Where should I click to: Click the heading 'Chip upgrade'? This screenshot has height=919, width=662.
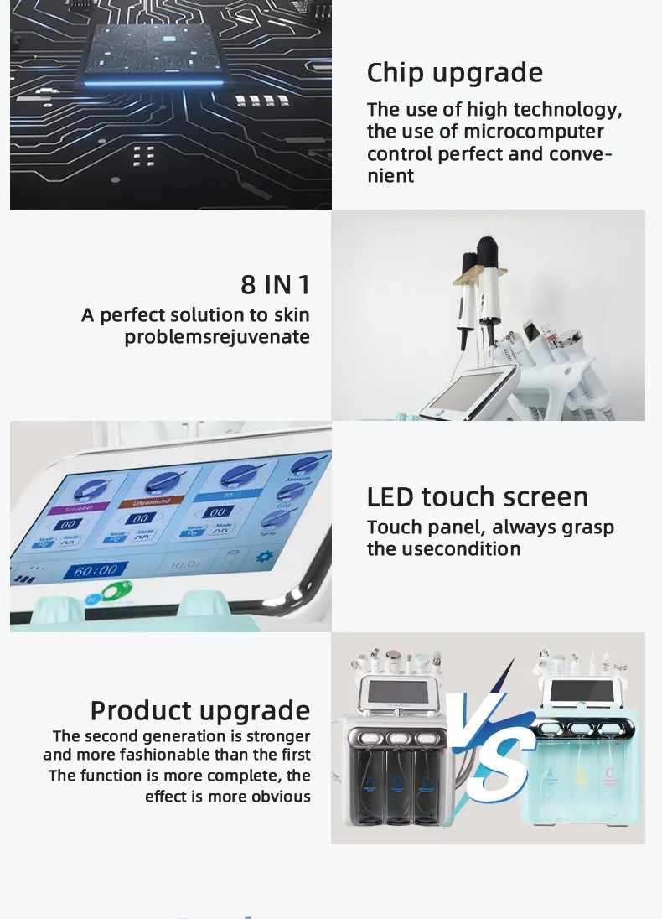tap(454, 73)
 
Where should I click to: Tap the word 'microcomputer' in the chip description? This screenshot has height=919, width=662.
tap(534, 132)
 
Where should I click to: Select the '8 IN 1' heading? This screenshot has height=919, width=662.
tap(275, 284)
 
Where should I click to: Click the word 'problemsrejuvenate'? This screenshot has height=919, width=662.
tap(217, 337)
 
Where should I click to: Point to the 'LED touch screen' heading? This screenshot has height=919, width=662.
tap(477, 496)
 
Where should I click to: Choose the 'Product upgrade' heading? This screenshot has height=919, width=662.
tap(199, 710)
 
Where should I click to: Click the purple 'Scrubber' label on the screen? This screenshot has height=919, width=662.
tap(68, 508)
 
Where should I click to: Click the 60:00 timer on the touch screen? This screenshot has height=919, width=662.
tap(96, 571)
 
